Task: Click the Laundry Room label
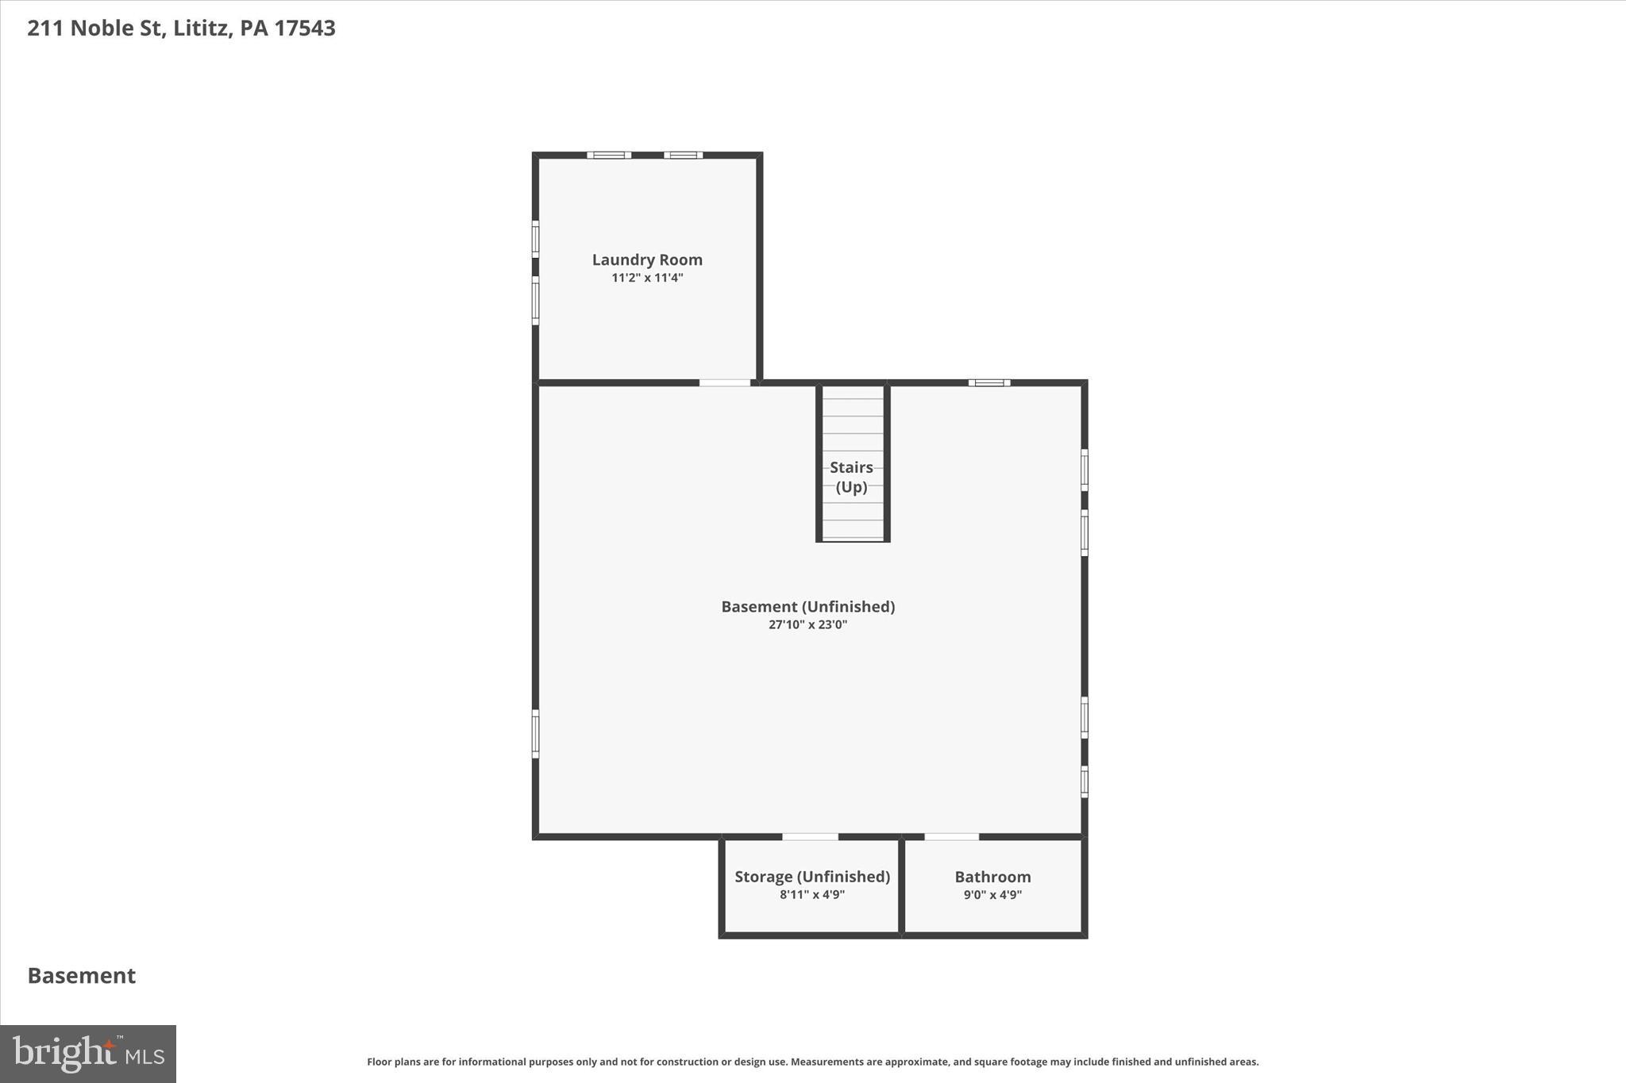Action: coord(647,259)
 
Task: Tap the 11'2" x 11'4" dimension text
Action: coord(647,278)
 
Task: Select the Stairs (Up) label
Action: coord(852,477)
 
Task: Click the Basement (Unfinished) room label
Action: coord(807,606)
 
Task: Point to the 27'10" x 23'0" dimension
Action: coord(807,624)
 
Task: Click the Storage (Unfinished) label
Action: coord(811,876)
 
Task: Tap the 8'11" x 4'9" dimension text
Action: coord(811,895)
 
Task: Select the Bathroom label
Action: coord(992,877)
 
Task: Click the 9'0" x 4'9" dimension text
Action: coord(992,895)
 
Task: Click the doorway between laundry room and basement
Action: coord(724,383)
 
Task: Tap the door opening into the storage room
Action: coord(810,836)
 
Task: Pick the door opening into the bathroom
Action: coord(951,836)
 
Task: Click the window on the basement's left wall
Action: coord(535,734)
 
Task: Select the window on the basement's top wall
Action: coord(988,382)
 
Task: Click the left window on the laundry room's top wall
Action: coord(609,155)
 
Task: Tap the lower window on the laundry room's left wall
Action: coord(535,301)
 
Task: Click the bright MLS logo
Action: coord(88,1054)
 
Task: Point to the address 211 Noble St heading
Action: coord(181,28)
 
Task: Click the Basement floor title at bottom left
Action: coord(82,975)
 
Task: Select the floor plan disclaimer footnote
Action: coord(812,1062)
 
